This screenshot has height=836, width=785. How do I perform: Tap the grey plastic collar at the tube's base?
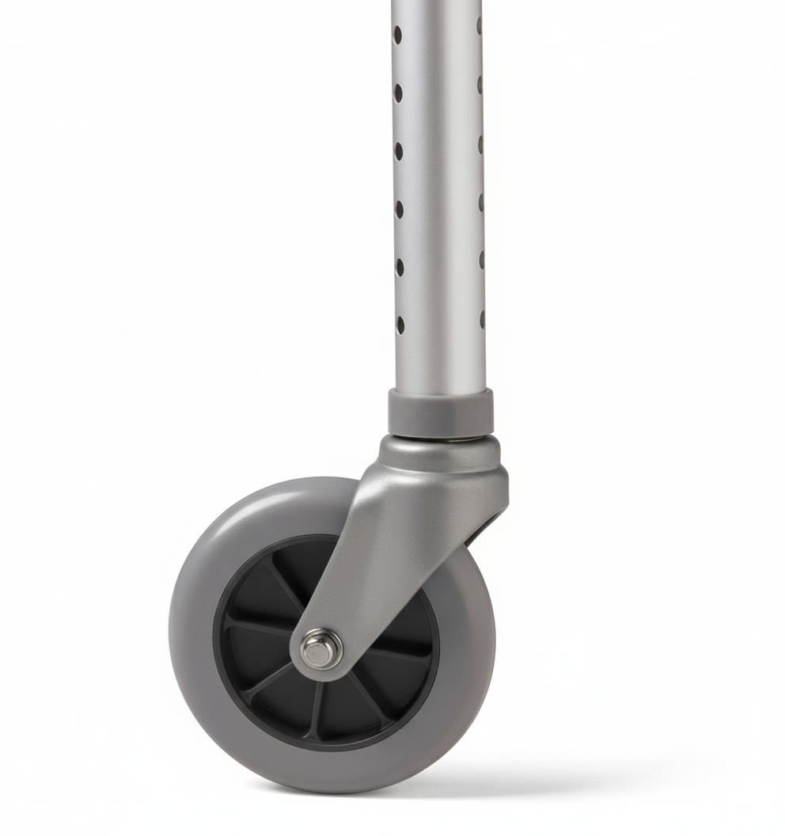point(440,412)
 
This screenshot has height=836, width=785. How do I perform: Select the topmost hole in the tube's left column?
point(398,34)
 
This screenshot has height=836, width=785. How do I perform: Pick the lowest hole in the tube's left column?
point(400,324)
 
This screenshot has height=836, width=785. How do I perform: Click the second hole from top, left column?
point(398,93)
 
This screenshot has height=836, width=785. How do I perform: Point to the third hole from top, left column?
point(398,150)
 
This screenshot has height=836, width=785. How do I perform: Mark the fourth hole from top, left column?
point(399,209)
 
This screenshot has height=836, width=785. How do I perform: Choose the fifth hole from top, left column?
point(399,267)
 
